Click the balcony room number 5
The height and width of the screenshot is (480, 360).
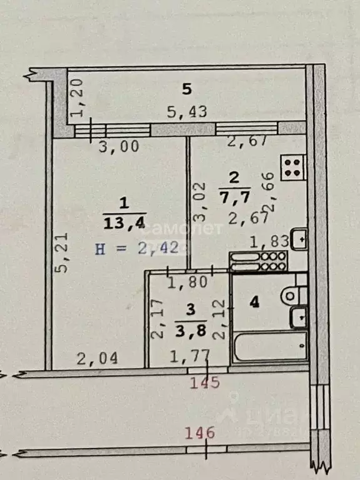186,89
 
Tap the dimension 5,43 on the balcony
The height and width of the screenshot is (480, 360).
186,112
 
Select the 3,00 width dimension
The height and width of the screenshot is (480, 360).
119,147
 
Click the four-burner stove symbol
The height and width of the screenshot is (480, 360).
292,167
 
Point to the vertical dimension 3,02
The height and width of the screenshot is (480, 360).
199,203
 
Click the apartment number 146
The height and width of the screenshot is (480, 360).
200,432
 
